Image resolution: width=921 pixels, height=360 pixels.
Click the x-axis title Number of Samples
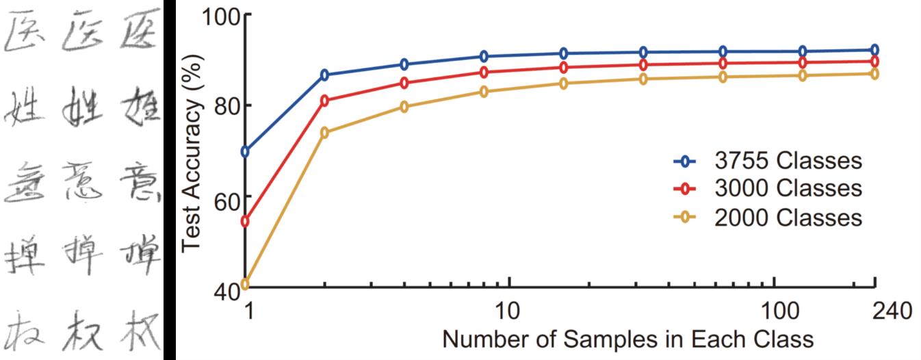[x=627, y=339]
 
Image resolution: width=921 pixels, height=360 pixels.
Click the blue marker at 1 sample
[x=246, y=151]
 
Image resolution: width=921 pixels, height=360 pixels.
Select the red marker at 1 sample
[x=246, y=221]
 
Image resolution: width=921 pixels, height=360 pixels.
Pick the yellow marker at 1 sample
[x=246, y=284]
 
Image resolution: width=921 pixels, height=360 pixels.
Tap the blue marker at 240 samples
[x=874, y=50]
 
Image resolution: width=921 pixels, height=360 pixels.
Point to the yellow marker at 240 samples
[x=874, y=73]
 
